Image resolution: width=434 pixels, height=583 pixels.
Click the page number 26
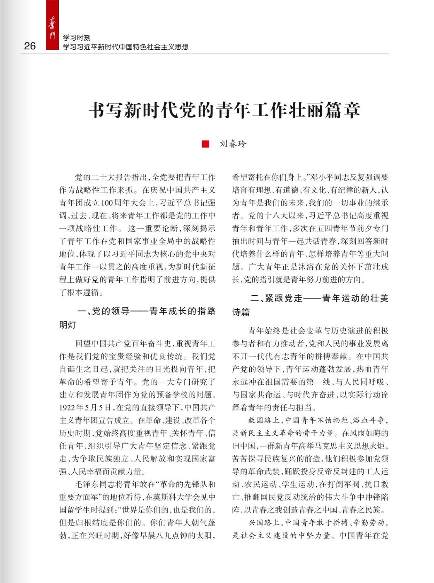[x=30, y=46]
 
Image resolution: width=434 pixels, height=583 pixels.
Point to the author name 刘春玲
[x=233, y=144]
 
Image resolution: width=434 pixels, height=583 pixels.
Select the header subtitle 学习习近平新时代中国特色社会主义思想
[x=125, y=47]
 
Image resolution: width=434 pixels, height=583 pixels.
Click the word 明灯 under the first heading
[x=68, y=325]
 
